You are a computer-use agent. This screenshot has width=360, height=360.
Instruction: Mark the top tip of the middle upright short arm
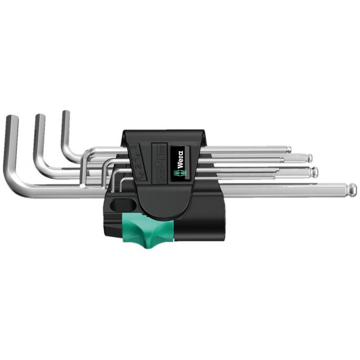40,117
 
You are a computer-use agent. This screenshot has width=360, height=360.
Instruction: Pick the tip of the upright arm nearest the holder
66,112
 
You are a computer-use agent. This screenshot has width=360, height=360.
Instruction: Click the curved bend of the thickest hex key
18,182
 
